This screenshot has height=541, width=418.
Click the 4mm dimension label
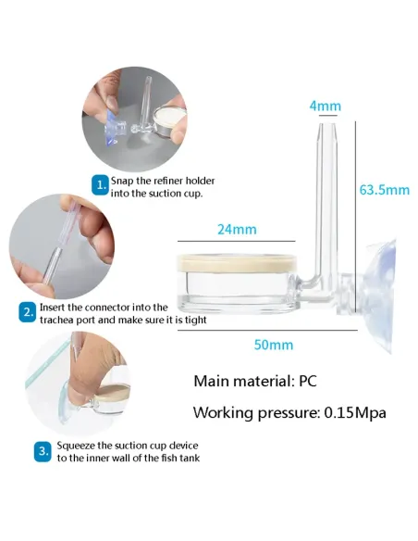pos(325,106)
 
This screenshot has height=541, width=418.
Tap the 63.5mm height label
pos(385,190)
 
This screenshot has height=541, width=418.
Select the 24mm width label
pos(237,230)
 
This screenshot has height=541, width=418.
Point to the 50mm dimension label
pos(274,345)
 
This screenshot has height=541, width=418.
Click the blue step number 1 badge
pos(100,185)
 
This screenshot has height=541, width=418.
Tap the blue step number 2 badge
pos(27,312)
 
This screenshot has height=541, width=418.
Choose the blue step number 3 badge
pos(43,452)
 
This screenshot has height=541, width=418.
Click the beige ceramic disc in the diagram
pos(237,263)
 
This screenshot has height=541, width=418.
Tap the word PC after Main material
pos(307,382)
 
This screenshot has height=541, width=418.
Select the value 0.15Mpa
pos(355,412)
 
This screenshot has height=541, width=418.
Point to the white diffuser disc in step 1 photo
pos(169,117)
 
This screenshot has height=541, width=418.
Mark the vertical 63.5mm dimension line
pos(355,217)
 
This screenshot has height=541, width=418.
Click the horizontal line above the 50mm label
pos(267,331)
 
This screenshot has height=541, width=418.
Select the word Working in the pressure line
pos(223,413)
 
